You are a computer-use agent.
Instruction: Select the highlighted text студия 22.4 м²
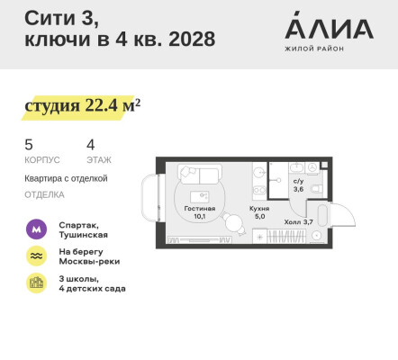pos(82,106)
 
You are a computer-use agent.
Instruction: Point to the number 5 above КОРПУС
pos(28,144)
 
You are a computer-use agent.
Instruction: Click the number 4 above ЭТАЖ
pos(90,144)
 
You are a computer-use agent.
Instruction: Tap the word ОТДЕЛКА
pos(44,193)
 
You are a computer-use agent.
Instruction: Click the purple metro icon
pos(36,229)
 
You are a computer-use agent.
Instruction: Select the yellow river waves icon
pos(36,256)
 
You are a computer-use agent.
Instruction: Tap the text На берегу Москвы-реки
pos(89,256)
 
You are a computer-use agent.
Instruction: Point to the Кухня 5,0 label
pos(259,212)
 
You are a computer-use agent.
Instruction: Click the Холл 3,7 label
pos(298,221)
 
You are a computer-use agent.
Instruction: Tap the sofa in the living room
pos(197,175)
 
